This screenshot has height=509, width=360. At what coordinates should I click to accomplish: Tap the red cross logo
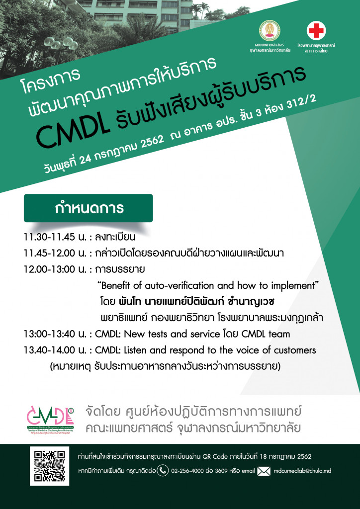[316, 31]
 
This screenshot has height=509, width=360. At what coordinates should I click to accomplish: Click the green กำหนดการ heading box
[89, 208]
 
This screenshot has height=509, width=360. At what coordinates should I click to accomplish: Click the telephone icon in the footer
[163, 470]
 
